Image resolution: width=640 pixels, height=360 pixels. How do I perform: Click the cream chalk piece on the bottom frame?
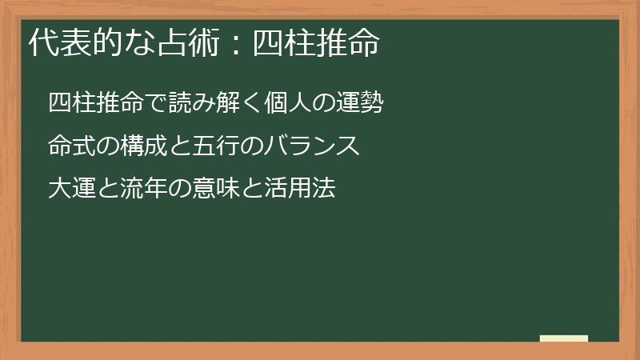(x=563, y=338)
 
